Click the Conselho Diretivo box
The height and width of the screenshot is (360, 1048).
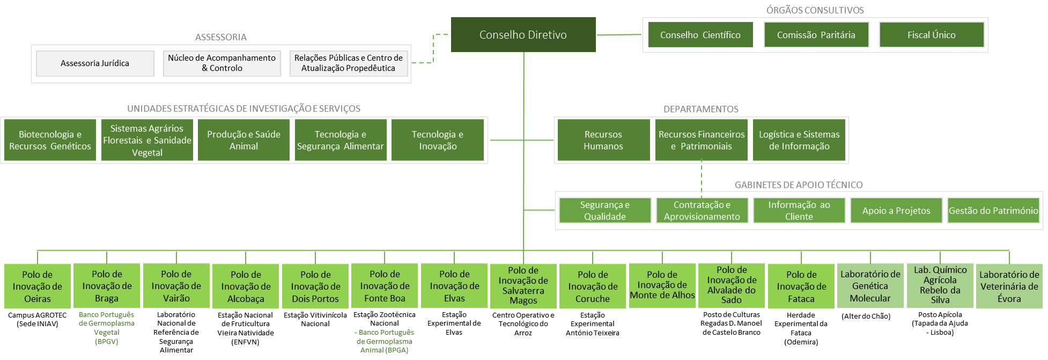click(x=523, y=35)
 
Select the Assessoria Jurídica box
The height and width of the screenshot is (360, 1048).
click(x=95, y=63)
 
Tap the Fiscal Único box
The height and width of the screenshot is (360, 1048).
click(x=931, y=35)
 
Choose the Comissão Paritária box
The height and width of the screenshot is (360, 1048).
click(x=816, y=35)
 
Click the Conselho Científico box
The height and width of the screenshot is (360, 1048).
click(x=700, y=35)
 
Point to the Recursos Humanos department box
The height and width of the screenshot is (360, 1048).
click(x=603, y=140)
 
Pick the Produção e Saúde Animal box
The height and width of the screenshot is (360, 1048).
click(x=243, y=140)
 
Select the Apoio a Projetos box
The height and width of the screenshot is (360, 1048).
click(x=896, y=210)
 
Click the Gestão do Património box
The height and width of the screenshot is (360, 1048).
click(x=993, y=210)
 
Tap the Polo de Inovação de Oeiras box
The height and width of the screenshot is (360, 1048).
click(x=38, y=286)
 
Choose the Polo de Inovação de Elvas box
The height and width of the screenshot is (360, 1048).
click(x=454, y=286)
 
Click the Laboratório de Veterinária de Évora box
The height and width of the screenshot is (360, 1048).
click(x=1009, y=286)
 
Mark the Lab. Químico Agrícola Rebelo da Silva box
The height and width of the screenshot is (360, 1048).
click(x=940, y=285)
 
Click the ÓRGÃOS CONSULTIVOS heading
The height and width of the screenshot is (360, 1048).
click(x=815, y=10)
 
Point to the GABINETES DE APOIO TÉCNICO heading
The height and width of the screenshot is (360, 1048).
click(x=799, y=185)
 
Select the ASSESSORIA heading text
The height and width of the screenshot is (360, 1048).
click(x=220, y=37)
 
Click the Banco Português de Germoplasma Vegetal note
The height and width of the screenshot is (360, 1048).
click(x=106, y=327)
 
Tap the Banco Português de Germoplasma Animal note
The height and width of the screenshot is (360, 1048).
click(x=385, y=341)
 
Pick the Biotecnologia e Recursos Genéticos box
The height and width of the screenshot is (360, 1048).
click(x=50, y=140)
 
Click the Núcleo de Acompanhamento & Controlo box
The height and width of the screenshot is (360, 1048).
click(x=222, y=63)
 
